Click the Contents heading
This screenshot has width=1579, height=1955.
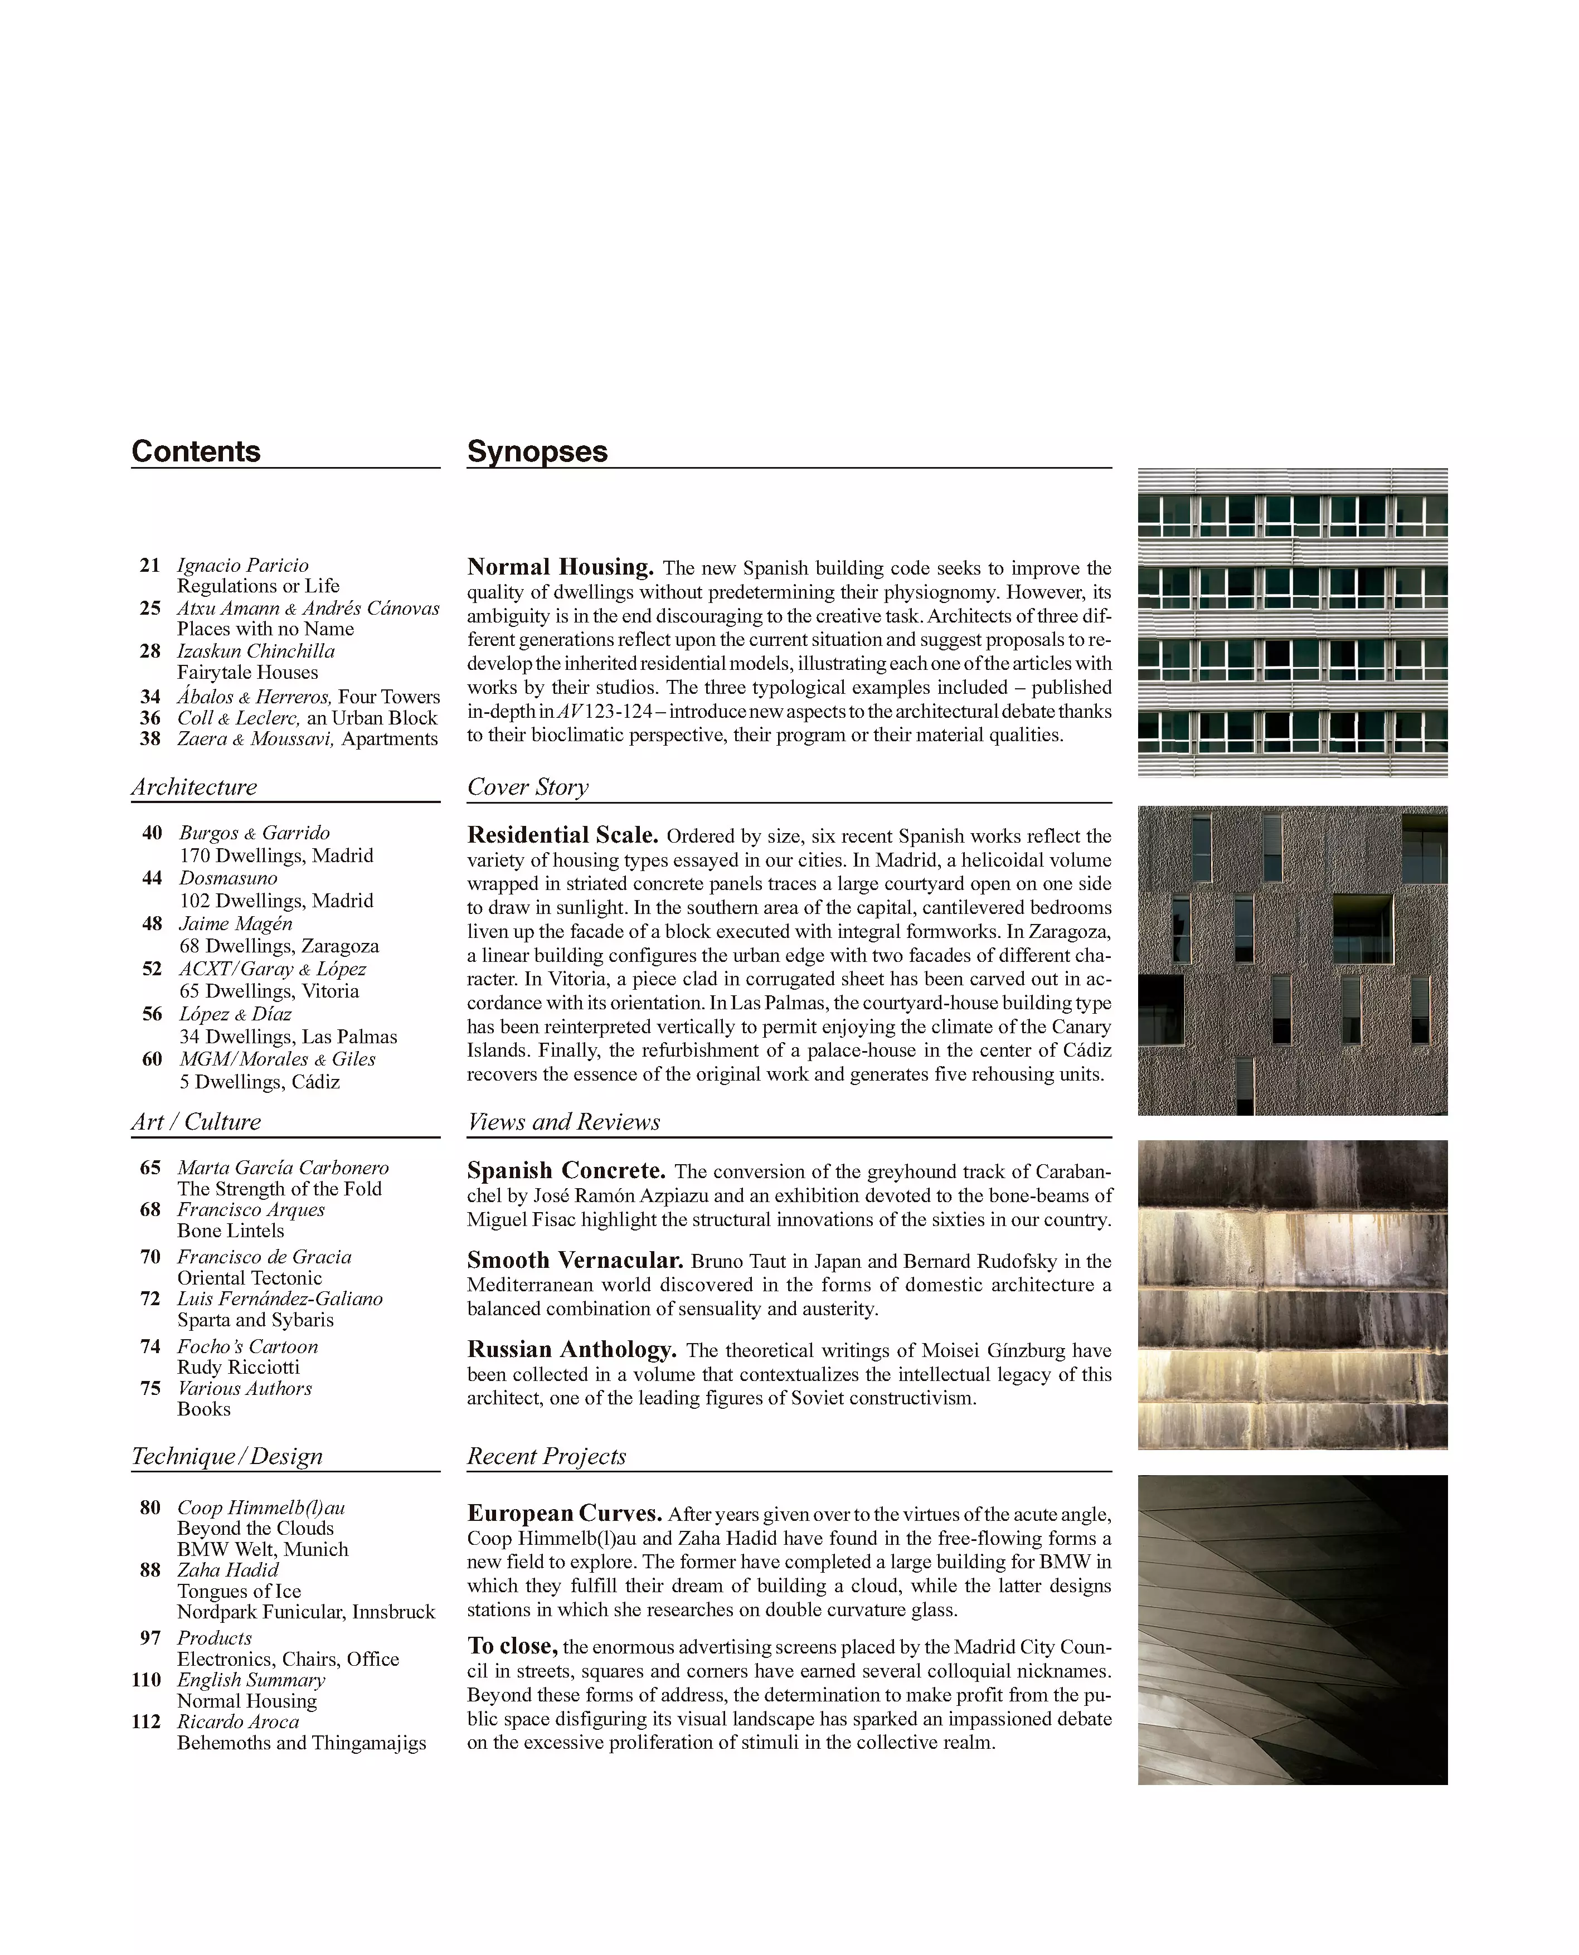[x=196, y=452]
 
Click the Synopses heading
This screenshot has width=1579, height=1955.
[x=537, y=452]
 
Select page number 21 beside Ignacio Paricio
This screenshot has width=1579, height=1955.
[x=150, y=566]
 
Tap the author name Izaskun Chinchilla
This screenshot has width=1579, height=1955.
[x=256, y=651]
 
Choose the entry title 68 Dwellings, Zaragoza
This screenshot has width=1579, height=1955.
[x=278, y=946]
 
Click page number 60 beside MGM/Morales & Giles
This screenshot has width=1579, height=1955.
[x=152, y=1059]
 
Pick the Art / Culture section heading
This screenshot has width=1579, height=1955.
[x=196, y=1121]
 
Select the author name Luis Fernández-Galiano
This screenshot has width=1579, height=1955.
[x=279, y=1299]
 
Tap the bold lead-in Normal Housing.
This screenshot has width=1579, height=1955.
[x=560, y=567]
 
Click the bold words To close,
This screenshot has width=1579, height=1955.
[x=513, y=1646]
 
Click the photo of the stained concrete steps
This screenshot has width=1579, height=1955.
[x=1291, y=1295]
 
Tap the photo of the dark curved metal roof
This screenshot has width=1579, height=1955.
[x=1291, y=1630]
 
